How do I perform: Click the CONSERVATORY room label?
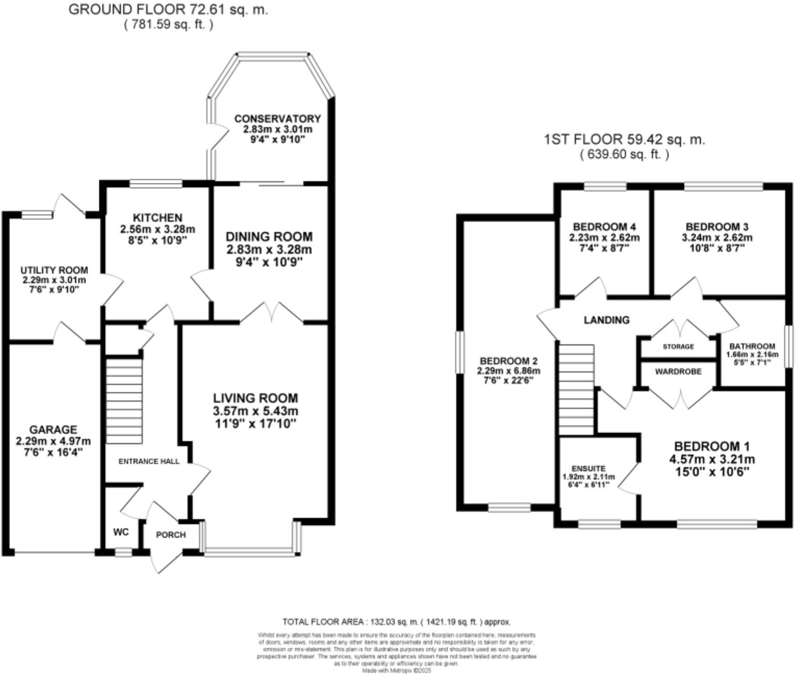click(277, 119)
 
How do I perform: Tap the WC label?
click(121, 532)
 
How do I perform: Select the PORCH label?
click(171, 535)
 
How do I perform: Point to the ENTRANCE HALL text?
click(149, 461)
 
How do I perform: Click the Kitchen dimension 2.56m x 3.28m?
click(158, 229)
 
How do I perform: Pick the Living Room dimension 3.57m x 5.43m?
click(256, 411)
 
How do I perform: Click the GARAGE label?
click(53, 429)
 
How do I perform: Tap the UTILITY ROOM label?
click(54, 270)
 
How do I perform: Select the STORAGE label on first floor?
click(678, 347)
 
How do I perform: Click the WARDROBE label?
click(678, 372)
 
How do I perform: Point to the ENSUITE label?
click(588, 469)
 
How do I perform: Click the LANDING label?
click(607, 320)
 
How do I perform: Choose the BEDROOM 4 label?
click(604, 227)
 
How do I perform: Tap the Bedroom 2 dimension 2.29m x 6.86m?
click(508, 371)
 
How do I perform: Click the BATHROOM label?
click(752, 346)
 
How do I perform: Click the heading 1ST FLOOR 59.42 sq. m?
click(624, 139)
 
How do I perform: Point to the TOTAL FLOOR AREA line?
click(396, 621)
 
